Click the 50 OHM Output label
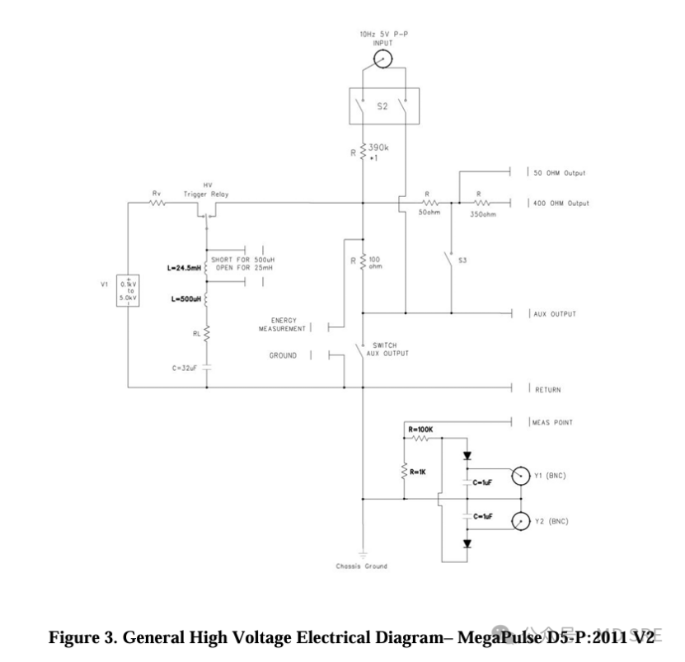point(562,174)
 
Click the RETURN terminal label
point(548,388)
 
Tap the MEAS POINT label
point(551,422)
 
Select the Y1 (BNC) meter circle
point(519,477)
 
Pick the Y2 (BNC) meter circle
point(519,521)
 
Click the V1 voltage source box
point(128,291)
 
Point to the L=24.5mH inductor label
point(183,269)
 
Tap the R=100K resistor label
point(421,430)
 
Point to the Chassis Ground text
point(361,566)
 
